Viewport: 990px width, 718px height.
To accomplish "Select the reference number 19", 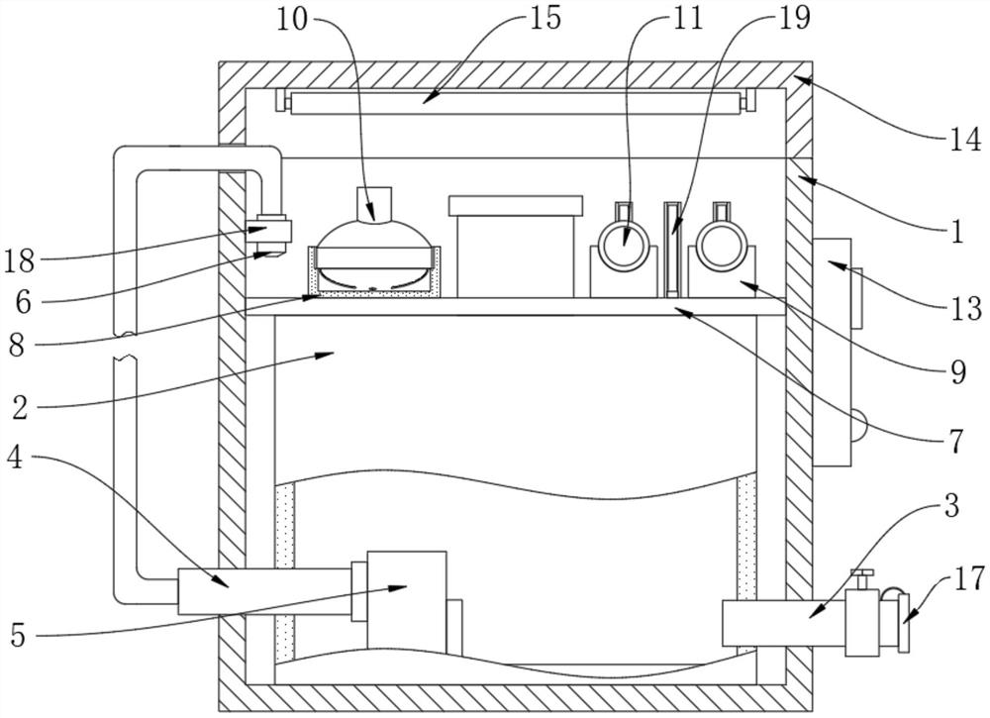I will point(793,17).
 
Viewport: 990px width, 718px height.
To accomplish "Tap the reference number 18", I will point(20,261).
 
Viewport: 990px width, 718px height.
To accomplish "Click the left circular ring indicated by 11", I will point(623,243).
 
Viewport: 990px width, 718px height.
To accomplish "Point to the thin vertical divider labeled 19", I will point(673,248).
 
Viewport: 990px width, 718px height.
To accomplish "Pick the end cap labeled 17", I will point(903,622).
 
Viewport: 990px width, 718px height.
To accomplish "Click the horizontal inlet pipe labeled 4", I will point(262,592).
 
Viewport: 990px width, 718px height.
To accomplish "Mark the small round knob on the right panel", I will point(859,425).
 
